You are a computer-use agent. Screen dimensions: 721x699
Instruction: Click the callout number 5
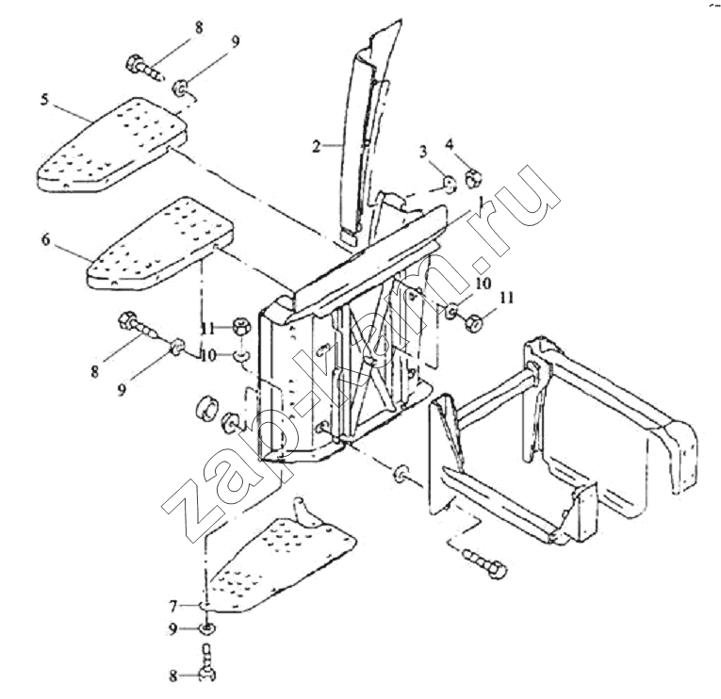point(44,99)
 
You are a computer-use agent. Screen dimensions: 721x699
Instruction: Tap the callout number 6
point(45,239)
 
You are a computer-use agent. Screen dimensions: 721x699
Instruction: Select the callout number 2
point(316,147)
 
